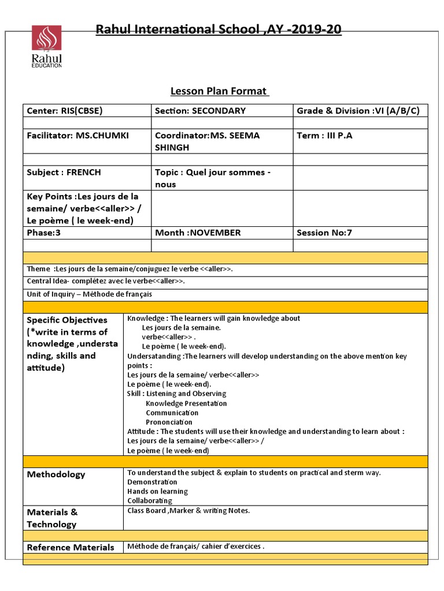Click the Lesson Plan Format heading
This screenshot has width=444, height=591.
pos(219,91)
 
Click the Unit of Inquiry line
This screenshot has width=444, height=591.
pos(90,294)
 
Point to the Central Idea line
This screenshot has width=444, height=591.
pos(106,281)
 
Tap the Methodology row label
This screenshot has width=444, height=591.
pos(56,474)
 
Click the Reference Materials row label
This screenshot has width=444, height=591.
pos(71,547)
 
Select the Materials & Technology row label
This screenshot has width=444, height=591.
pos(52,518)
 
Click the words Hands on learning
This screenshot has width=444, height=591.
pos(157,491)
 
